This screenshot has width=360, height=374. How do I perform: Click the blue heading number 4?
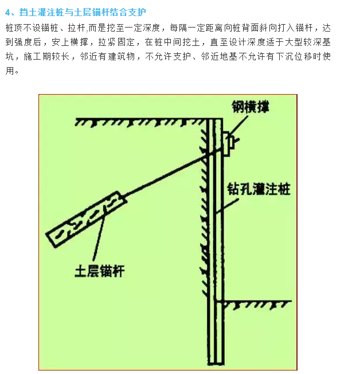(8, 11)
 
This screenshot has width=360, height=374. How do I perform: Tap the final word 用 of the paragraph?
(9, 71)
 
